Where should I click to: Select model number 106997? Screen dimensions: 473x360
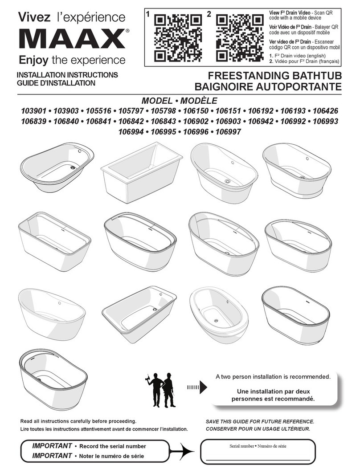[228, 131]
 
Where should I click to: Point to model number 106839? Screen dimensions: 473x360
[34, 121]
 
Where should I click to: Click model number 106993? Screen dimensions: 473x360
[325, 121]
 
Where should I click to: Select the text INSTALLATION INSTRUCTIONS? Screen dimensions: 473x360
[67, 75]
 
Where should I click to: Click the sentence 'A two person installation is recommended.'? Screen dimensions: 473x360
[273, 377]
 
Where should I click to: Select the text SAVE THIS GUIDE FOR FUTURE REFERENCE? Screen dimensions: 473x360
[260, 421]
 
